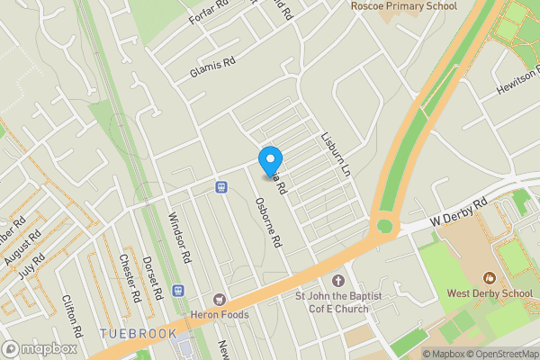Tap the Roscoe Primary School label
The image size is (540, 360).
click(404, 6)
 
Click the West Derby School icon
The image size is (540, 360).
click(489, 277)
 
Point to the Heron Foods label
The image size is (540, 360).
click(219, 314)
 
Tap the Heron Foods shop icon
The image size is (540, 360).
click(219, 299)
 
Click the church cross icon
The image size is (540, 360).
click(338, 281)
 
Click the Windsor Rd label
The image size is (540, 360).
click(180, 237)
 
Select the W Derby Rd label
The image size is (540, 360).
click(459, 211)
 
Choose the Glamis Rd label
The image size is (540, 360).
click(211, 67)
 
